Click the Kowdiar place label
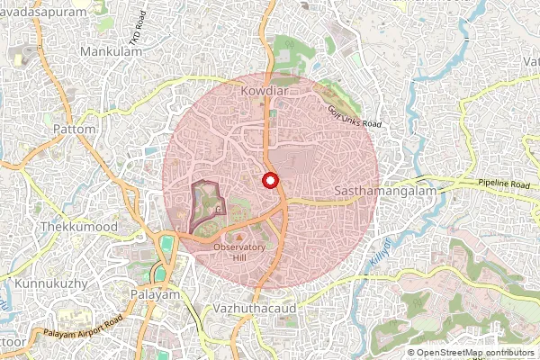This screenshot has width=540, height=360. [x=261, y=91]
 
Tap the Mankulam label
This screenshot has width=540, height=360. [x=112, y=52]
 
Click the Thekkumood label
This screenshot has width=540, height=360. [x=79, y=227]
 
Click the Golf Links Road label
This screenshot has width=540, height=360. [x=355, y=115]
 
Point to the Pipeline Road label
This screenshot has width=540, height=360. [x=499, y=184]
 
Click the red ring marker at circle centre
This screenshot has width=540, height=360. [x=268, y=180]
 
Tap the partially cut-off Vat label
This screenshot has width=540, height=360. [x=530, y=61]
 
